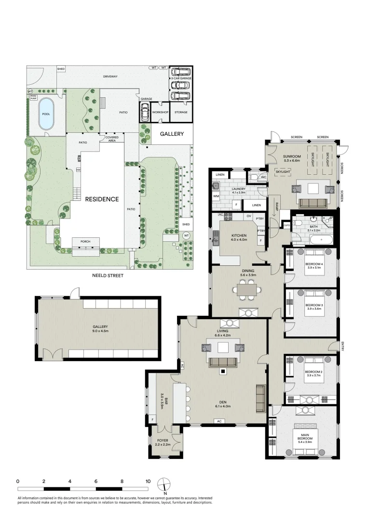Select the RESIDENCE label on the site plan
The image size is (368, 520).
click(102, 199)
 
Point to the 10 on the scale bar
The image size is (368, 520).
click(148, 481)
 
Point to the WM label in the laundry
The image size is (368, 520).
click(216, 196)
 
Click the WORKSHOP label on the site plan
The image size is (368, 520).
click(159, 112)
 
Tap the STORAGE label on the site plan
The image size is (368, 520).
click(181, 112)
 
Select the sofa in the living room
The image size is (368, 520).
click(222, 362)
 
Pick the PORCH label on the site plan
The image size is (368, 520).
click(85, 241)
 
